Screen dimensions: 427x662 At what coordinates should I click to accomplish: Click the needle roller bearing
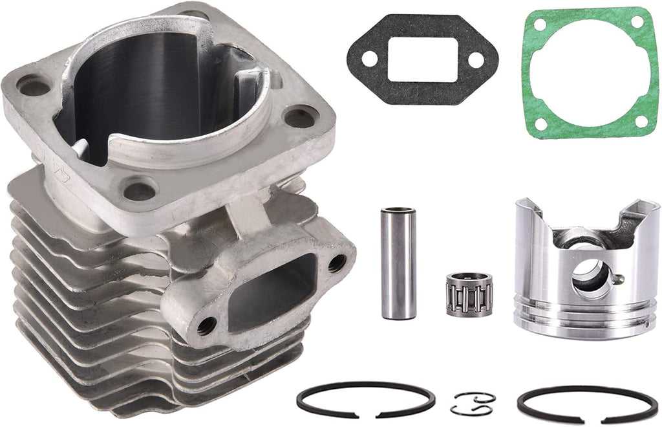tap(469, 294)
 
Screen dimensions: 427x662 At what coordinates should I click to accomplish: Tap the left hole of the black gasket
tap(370, 59)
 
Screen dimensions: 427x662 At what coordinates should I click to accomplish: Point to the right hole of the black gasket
tap(476, 60)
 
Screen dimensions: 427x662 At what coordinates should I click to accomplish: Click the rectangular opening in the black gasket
tap(423, 59)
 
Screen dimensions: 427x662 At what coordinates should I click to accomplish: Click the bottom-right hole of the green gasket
tap(641, 120)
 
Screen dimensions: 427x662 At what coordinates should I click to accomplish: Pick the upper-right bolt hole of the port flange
tap(336, 263)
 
